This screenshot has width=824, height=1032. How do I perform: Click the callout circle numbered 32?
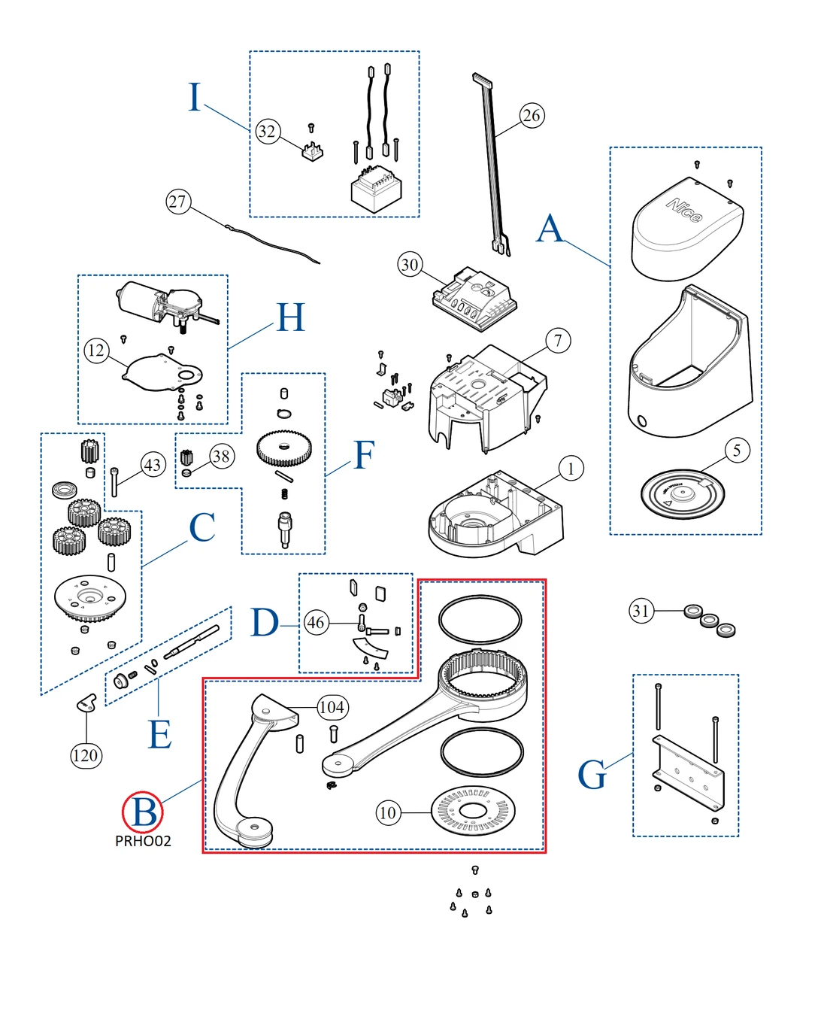pos(267,132)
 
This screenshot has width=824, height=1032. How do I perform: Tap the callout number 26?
pos(532,115)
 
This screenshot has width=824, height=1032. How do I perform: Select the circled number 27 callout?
pos(177,202)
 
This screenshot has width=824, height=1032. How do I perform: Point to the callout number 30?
pos(410,265)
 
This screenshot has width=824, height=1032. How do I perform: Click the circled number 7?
pos(558,341)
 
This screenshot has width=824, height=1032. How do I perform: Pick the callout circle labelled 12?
pos(96,351)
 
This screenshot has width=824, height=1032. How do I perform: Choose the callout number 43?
pos(153,465)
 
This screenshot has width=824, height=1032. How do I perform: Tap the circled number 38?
pos(221,456)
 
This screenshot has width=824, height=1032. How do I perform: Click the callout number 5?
pos(737,451)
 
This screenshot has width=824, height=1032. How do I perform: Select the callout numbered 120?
pos(85,755)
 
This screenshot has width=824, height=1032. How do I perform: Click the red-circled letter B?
pos(143,812)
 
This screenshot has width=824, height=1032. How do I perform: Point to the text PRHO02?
pos(143,841)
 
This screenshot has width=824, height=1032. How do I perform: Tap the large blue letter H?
pos(290,317)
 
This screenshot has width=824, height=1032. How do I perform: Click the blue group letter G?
pos(592,775)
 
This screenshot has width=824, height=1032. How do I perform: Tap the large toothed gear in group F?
pos(283,448)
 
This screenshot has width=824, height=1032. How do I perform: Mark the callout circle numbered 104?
pos(332,707)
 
